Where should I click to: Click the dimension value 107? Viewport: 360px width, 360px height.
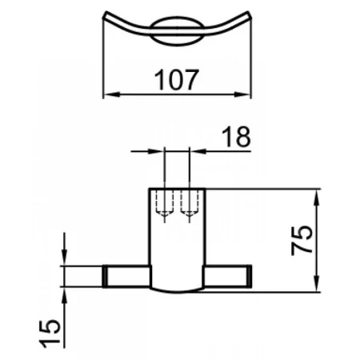coord(177,79)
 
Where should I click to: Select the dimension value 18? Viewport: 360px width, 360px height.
coord(236,137)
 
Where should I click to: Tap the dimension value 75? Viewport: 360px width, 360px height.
coord(302,241)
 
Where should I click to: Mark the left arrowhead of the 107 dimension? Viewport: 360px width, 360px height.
coord(111,94)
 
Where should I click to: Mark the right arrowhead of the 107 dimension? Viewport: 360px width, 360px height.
coord(242,94)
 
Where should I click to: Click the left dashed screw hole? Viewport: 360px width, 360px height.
coord(165,203)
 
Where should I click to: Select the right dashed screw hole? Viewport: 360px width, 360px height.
coord(189,203)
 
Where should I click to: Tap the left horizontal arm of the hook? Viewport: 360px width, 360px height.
coord(126,276)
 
